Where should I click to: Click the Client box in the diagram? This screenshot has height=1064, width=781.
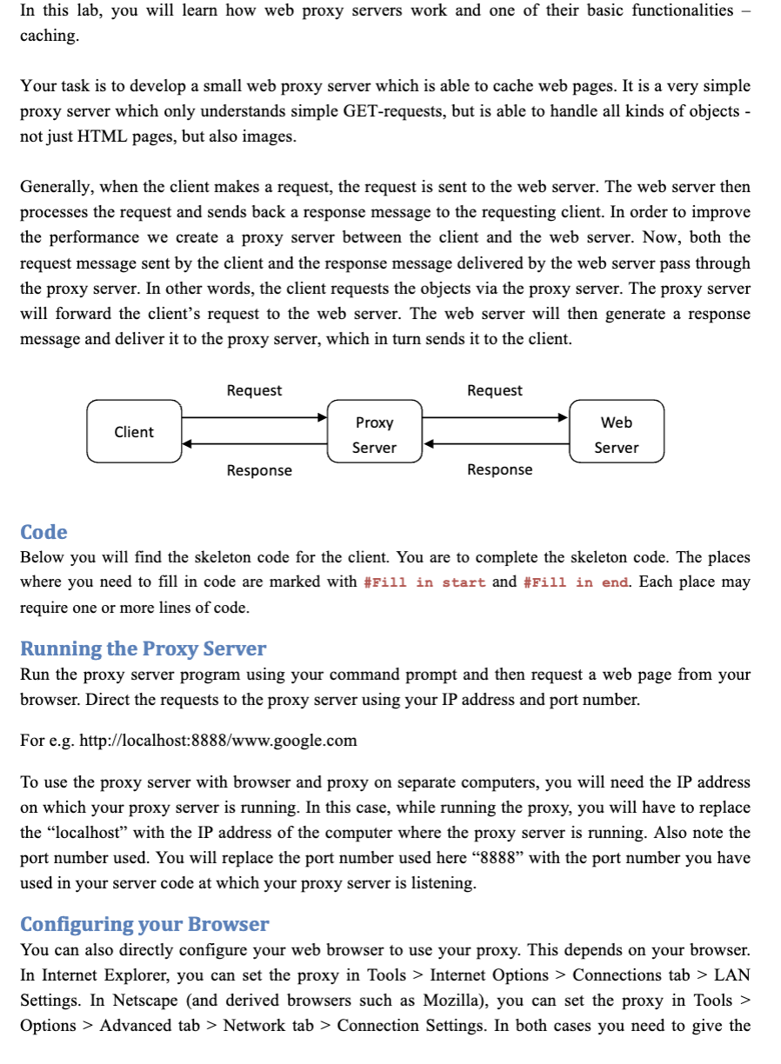[x=134, y=431]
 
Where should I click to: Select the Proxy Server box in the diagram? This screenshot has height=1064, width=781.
[x=374, y=435]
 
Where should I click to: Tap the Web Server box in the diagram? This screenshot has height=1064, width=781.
[x=617, y=435]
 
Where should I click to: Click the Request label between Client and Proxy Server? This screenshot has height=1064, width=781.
[x=254, y=390]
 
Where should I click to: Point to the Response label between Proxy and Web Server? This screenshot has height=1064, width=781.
[x=499, y=469]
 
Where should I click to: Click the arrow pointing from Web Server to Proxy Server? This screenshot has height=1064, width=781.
[x=496, y=443]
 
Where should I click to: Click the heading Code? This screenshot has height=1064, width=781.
[x=43, y=532]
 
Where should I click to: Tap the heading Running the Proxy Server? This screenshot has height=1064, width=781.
[x=143, y=648]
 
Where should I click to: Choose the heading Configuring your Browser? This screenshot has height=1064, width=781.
[x=144, y=923]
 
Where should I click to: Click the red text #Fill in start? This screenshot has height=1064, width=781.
[x=424, y=582]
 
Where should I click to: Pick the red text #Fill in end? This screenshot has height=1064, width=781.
[x=576, y=582]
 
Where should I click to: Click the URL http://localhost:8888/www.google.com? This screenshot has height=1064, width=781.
[x=217, y=741]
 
